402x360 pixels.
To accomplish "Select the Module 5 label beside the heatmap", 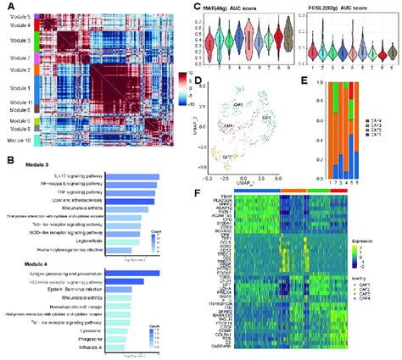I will coord(16,16).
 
